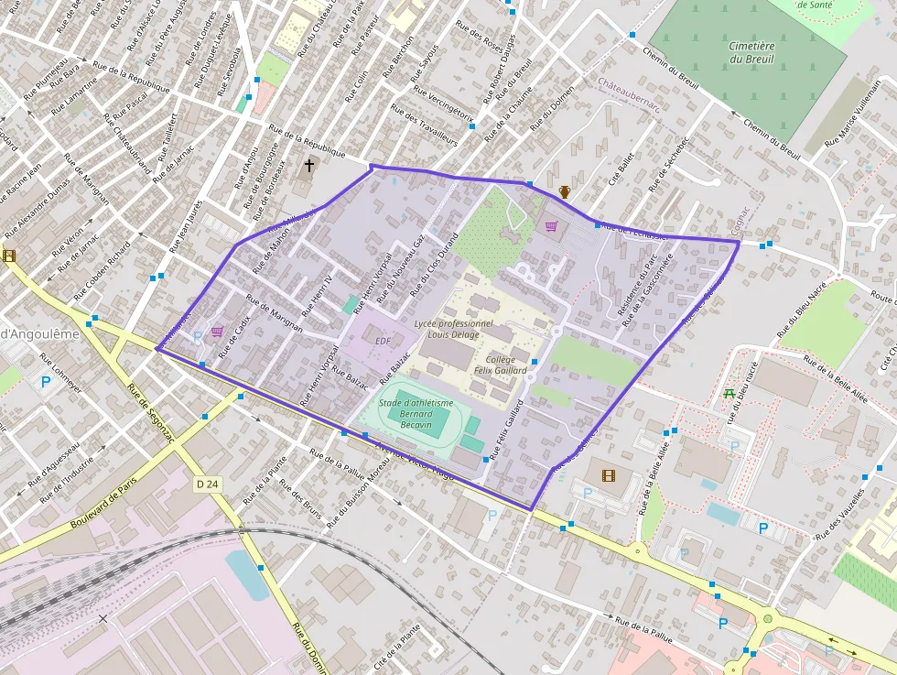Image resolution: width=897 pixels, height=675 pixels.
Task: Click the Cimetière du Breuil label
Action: [751, 52]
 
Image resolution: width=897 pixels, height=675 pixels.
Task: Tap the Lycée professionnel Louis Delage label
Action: [453, 329]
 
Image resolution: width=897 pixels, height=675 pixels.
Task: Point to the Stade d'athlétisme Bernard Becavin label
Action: [416, 413]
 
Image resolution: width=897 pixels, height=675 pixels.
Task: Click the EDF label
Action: [383, 341]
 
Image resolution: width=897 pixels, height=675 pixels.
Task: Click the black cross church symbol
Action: [309, 166]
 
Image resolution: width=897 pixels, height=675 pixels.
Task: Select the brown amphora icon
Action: [565, 192]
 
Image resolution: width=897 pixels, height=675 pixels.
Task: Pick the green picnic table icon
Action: [729, 394]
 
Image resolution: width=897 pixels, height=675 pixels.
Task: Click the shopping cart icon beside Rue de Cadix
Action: [217, 332]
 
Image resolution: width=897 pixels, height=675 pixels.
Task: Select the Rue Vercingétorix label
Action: [444, 103]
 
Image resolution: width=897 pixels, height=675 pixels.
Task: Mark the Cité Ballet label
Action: [621, 169]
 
